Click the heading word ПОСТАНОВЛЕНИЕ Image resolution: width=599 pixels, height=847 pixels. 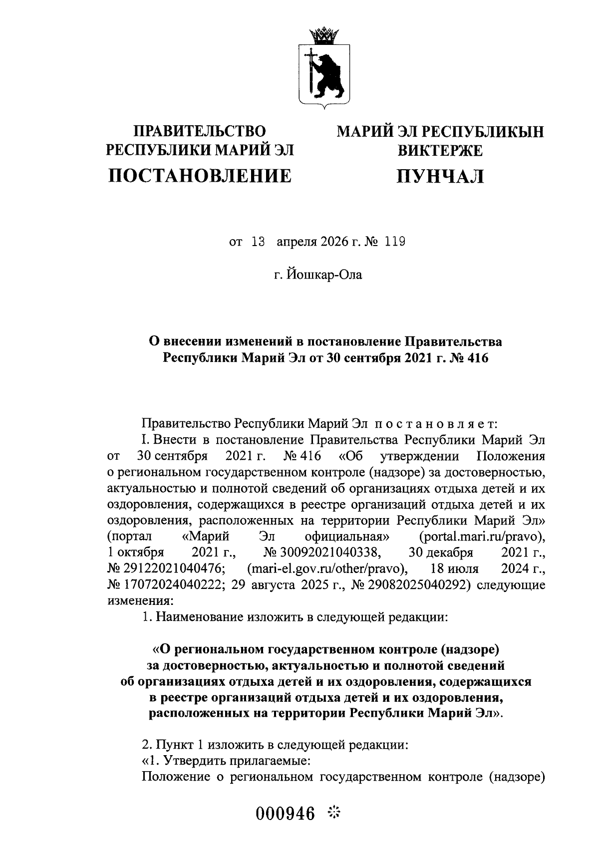coord(200,176)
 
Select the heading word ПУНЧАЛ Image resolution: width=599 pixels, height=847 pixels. coord(440,176)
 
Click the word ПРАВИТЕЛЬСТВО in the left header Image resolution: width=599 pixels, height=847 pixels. coord(200,132)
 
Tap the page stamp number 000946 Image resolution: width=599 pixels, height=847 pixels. coord(286,814)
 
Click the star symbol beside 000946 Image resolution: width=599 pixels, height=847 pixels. coord(333,814)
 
